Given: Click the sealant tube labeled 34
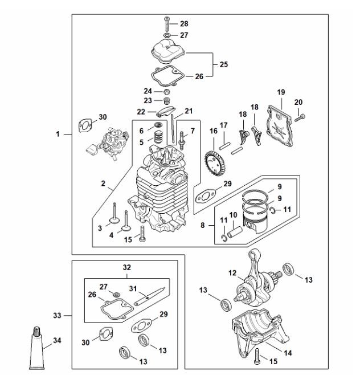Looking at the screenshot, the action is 37,348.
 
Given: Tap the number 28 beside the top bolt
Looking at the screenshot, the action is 184,24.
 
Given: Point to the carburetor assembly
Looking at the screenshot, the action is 108,144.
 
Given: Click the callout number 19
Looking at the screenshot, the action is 281,92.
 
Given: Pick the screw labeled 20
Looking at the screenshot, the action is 300,117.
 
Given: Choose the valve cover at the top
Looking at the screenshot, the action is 169,51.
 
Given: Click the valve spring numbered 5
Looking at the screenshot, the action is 158,137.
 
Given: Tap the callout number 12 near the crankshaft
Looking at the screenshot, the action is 232,273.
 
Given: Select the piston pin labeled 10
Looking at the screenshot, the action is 235,232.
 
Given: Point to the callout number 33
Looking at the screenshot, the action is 57,316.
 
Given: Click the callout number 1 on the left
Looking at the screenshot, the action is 58,134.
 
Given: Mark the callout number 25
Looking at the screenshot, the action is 224,64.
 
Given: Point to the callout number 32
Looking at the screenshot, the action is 127,267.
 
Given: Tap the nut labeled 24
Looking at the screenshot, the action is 167,92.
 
